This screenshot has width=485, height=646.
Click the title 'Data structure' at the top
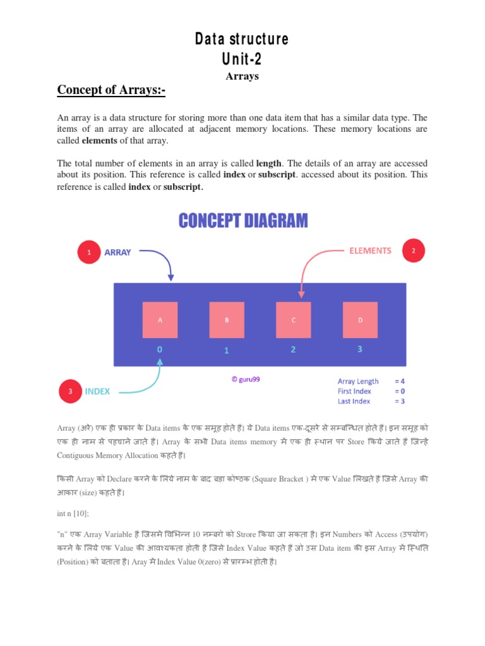pos(242,39)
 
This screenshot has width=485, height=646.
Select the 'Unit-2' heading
pos(242,59)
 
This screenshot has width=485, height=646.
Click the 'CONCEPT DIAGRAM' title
pos(243,221)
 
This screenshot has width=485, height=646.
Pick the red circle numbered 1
pos(89,252)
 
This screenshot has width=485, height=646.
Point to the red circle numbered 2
pos(414,250)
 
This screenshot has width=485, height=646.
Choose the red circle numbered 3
pos(70,391)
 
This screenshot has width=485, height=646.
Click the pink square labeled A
pos(160,320)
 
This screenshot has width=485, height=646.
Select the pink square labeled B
pos(227,320)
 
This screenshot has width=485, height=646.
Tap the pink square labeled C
pos(293,320)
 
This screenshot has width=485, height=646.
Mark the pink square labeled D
pos(360,320)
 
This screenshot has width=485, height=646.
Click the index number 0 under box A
pos(160,349)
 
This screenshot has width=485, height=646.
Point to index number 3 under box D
pos(360,349)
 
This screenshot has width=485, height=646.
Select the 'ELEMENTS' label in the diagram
pos(370,250)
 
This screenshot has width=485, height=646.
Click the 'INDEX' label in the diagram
pos(97,391)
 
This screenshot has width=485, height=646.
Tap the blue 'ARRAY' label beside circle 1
pos(117,252)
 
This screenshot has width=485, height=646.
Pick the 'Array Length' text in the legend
pos(358,381)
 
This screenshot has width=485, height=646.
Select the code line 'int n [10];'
pos(75,514)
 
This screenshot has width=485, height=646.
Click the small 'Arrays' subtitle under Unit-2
pos(242,76)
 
